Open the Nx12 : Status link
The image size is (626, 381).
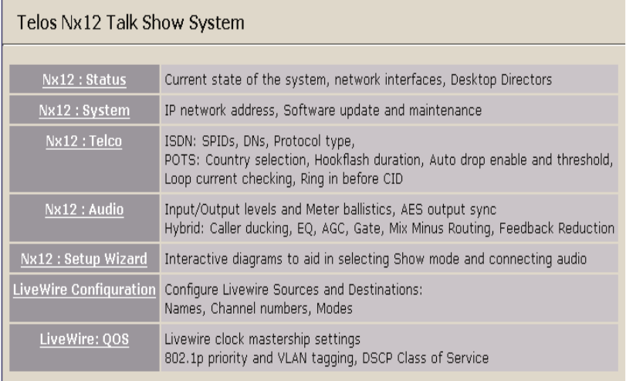(x=83, y=78)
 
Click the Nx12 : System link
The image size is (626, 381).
(x=83, y=111)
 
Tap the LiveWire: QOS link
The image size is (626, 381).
(x=83, y=337)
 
